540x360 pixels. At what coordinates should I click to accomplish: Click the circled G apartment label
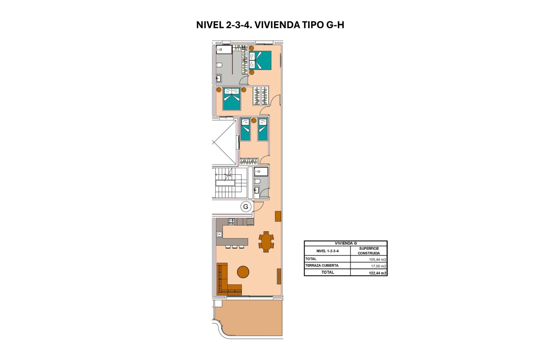point(246,207)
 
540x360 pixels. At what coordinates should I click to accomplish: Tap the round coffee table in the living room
point(243,272)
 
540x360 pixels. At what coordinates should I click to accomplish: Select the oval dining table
point(266,242)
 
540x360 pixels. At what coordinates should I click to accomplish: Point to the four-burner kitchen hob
point(231,222)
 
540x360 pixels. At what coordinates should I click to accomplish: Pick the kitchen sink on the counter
point(219,234)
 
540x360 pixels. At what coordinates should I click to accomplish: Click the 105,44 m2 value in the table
point(377,260)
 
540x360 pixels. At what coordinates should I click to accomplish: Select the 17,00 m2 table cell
point(378,266)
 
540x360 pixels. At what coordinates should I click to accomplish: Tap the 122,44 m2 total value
point(377,273)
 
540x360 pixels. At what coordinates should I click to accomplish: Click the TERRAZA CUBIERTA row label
point(322,265)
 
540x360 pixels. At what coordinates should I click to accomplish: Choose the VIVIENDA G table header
point(346,243)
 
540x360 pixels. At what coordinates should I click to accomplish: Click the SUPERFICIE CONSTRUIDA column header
point(369,251)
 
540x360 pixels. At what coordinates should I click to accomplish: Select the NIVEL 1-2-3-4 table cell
point(327,251)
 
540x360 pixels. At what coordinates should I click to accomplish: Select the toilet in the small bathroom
point(257,181)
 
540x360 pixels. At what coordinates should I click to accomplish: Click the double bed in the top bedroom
point(260,60)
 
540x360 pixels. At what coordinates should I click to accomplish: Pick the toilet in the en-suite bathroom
point(219,65)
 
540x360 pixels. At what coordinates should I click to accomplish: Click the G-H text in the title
point(335,25)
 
